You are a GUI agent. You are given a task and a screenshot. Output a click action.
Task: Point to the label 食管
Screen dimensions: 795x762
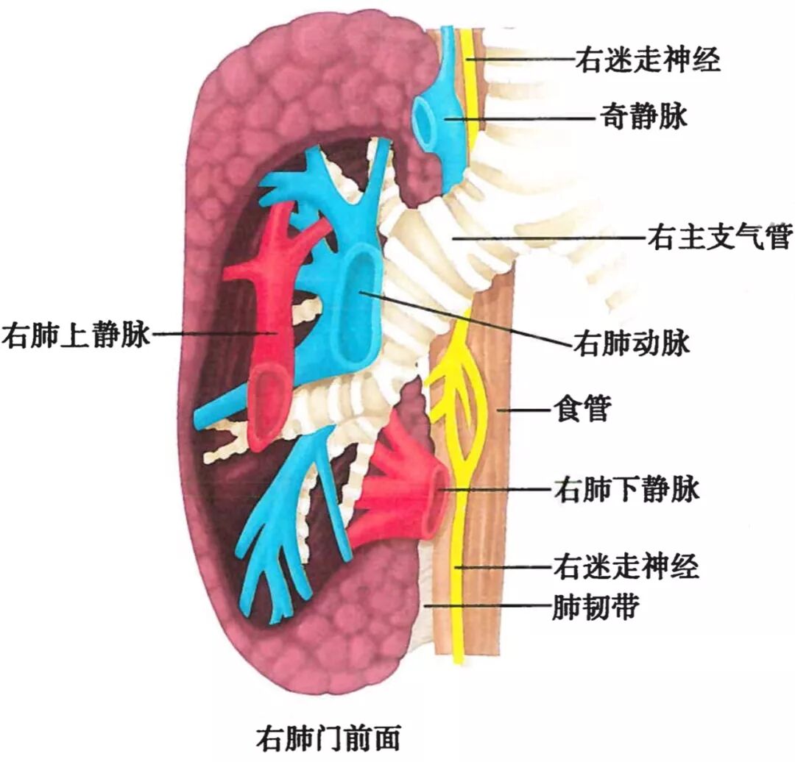(x=580, y=409)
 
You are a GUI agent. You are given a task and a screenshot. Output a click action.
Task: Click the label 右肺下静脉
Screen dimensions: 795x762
(x=625, y=488)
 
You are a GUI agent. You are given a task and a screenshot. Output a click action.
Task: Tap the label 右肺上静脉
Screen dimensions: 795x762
(x=75, y=335)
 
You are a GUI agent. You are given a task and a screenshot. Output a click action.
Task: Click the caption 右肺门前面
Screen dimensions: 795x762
(x=329, y=737)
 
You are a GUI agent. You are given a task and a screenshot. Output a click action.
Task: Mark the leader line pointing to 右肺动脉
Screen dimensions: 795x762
(x=471, y=320)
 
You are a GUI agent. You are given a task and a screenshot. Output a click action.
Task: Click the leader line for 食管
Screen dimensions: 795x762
(x=523, y=409)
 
